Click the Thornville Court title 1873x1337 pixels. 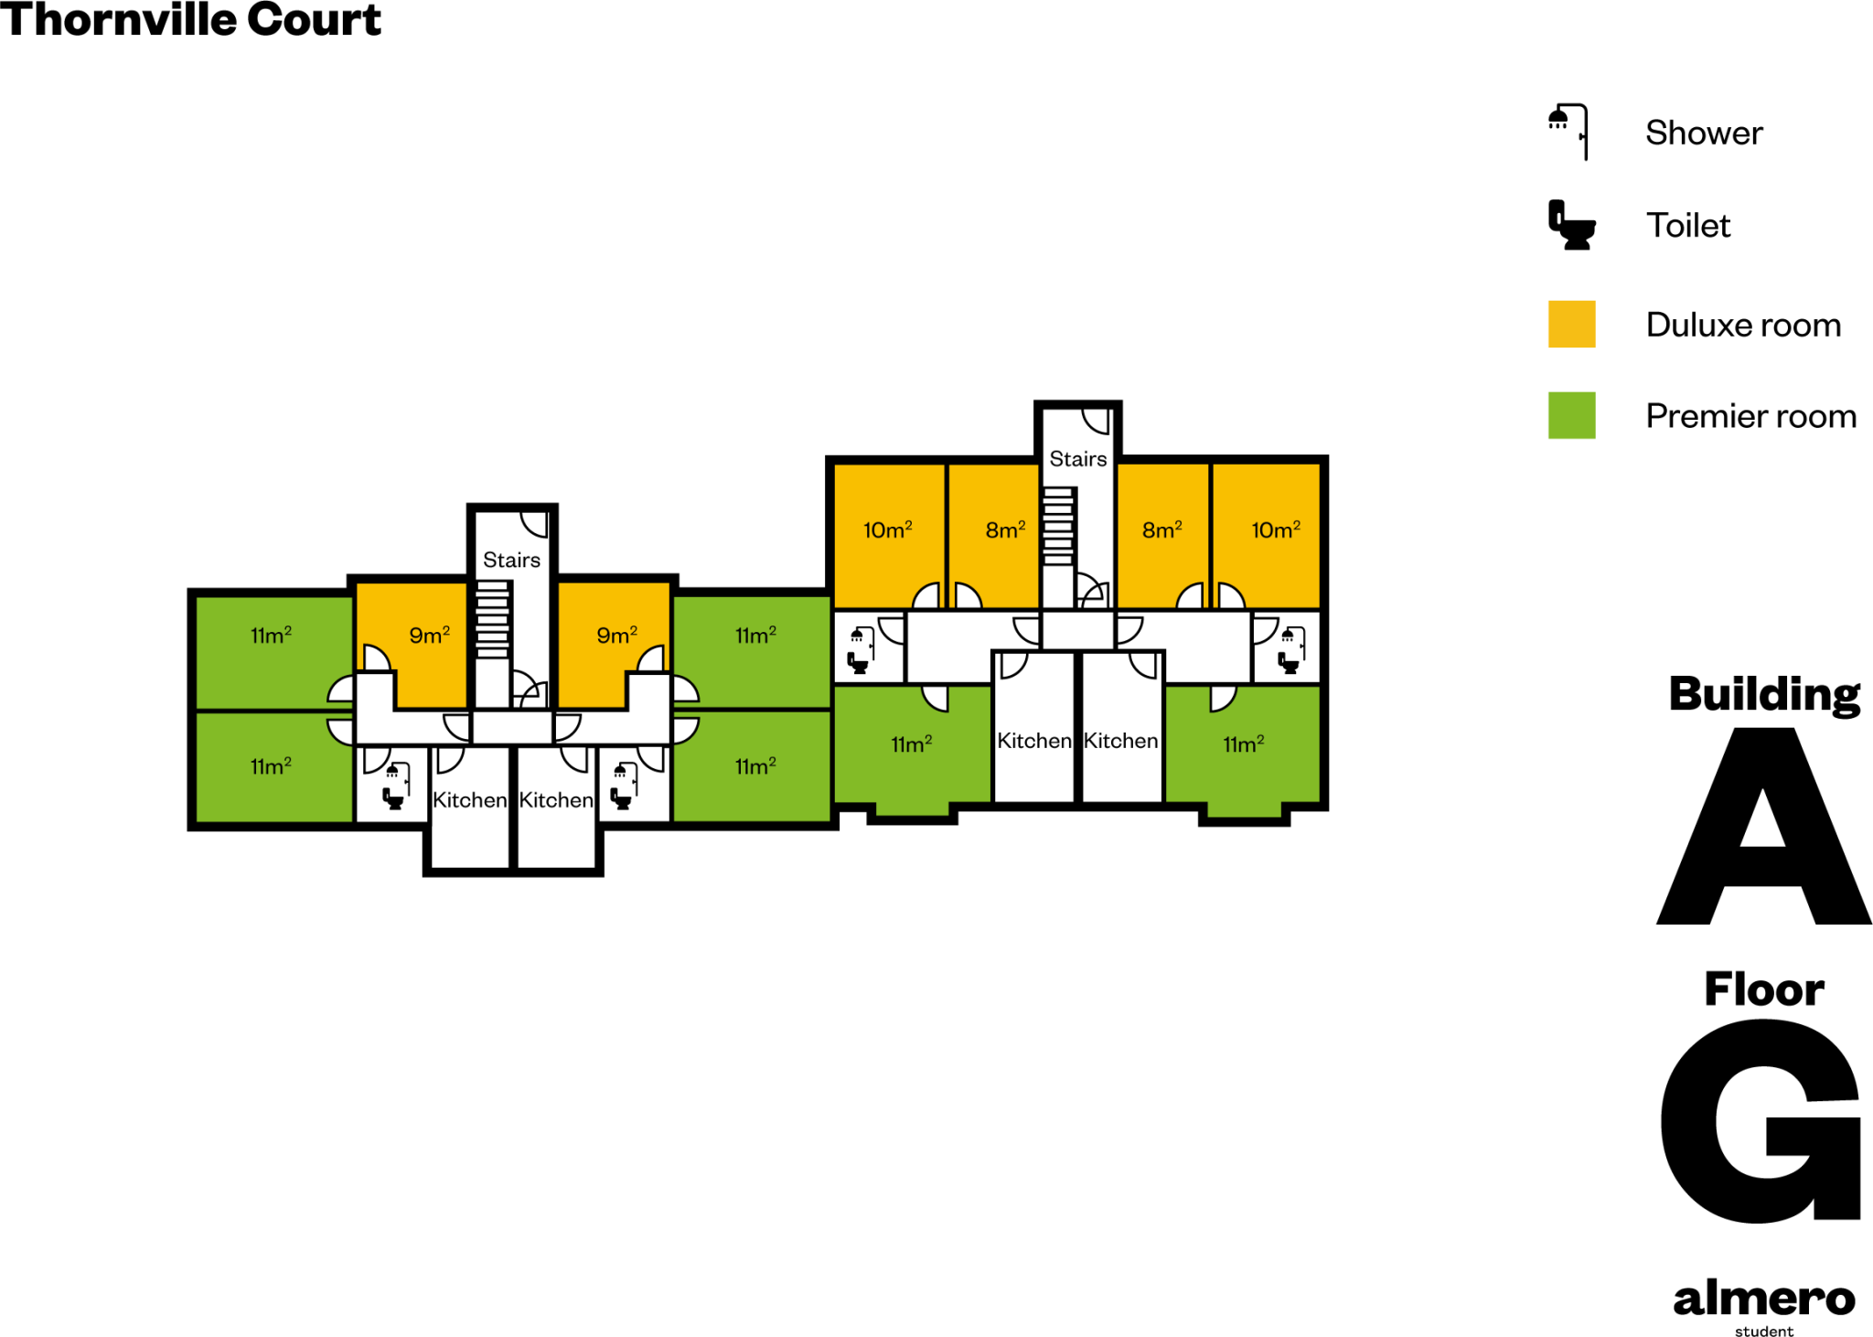pyautogui.click(x=190, y=20)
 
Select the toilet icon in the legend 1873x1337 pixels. pyautogui.click(x=1571, y=225)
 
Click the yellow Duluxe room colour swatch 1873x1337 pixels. pyautogui.click(x=1571, y=324)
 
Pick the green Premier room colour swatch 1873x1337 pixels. pyautogui.click(x=1571, y=415)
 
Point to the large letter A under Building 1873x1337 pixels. pyautogui.click(x=1763, y=828)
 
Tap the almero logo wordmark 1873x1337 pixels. pyautogui.click(x=1763, y=1299)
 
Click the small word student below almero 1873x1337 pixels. pyautogui.click(x=1764, y=1331)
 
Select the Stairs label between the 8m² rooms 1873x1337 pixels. pyautogui.click(x=1078, y=458)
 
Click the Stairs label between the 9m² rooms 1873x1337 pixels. pyautogui.click(x=511, y=560)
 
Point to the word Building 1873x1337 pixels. pyautogui.click(x=1764, y=694)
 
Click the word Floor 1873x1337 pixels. pyautogui.click(x=1764, y=989)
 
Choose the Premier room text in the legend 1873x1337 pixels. pyautogui.click(x=1750, y=416)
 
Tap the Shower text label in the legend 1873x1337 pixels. pyautogui.click(x=1704, y=133)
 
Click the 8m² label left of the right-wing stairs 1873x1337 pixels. pyautogui.click(x=1005, y=529)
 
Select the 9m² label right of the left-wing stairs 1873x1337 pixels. pyautogui.click(x=616, y=635)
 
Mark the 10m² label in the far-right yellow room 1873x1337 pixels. pyautogui.click(x=1276, y=529)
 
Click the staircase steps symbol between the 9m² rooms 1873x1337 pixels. pyautogui.click(x=492, y=619)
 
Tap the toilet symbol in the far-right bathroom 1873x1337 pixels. pyautogui.click(x=1289, y=662)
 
